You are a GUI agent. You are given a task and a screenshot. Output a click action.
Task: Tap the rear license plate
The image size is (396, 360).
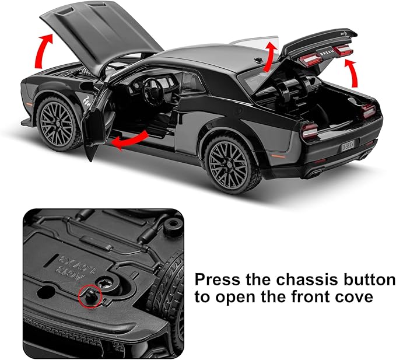(x=350, y=143)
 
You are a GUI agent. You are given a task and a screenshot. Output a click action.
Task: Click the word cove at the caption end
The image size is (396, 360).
(x=356, y=297)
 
